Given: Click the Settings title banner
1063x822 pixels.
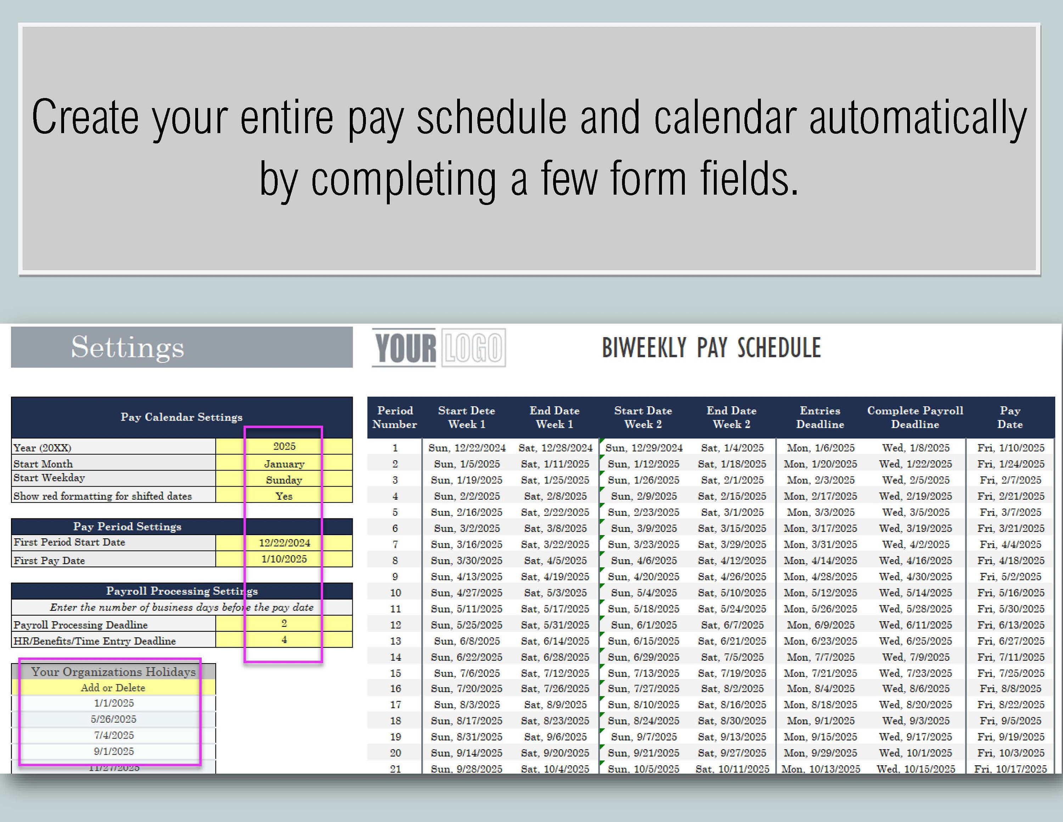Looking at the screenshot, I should click(181, 347).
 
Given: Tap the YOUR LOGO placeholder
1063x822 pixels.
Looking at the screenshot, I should click(439, 348).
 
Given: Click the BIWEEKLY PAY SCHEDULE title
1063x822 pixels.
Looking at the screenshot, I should click(711, 348).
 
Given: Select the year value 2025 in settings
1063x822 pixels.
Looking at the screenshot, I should click(284, 446).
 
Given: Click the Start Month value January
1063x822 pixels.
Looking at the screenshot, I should click(284, 463).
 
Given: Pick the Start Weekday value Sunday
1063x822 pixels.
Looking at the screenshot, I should click(284, 480).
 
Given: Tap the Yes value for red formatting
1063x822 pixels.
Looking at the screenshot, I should click(284, 496).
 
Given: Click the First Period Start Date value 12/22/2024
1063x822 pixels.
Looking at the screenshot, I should click(284, 543).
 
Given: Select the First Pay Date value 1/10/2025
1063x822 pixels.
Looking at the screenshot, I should click(284, 559).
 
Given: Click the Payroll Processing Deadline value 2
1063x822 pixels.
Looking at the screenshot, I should click(284, 623).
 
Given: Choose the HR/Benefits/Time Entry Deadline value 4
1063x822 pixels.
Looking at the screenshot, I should click(284, 640).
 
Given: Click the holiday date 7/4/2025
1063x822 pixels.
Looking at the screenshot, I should click(114, 735).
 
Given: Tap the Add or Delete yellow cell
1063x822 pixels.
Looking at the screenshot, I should click(113, 688).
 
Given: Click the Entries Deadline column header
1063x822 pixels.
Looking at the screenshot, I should click(820, 417).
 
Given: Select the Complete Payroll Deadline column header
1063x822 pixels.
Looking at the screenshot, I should click(915, 417).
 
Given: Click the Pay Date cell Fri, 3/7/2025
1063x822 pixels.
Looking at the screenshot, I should click(1011, 512).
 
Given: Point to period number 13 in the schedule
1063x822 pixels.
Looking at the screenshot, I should click(395, 641).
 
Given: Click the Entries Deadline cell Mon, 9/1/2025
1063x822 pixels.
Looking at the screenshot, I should click(821, 721).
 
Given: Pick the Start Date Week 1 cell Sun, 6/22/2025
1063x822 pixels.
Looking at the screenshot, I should click(466, 657).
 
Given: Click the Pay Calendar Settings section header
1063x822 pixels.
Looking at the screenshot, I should click(181, 417).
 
